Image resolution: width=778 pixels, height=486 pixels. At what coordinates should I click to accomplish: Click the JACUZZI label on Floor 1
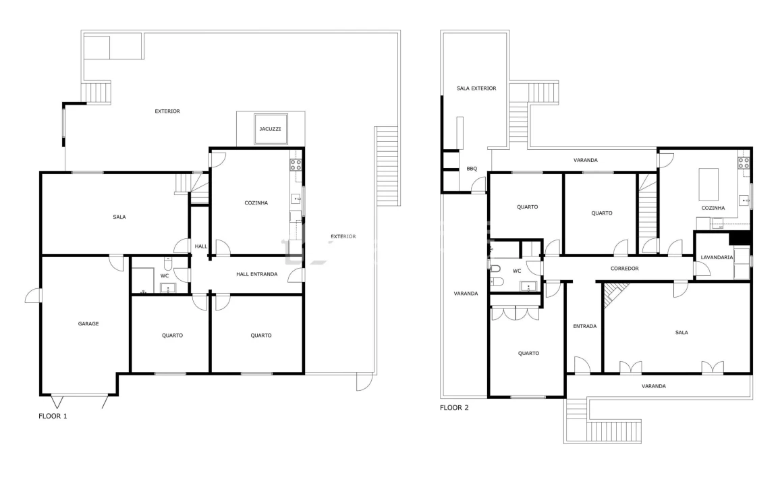click(x=270, y=129)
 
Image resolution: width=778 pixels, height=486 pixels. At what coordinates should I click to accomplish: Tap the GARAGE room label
click(x=88, y=324)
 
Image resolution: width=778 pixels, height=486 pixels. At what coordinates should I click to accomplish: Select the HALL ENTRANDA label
click(x=256, y=274)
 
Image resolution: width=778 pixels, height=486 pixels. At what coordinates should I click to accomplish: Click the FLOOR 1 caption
click(x=53, y=416)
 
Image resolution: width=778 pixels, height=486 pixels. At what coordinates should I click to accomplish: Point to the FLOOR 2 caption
click(x=454, y=408)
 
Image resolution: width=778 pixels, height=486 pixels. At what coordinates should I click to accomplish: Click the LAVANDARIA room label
click(x=717, y=257)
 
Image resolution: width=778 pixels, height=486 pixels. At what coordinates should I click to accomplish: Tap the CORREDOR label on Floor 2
click(x=624, y=269)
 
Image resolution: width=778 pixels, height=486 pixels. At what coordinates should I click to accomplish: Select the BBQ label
click(x=472, y=169)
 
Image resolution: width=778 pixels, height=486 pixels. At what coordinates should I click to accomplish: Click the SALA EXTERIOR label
click(x=476, y=88)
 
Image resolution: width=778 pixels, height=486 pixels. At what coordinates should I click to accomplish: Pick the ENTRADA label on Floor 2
click(x=584, y=326)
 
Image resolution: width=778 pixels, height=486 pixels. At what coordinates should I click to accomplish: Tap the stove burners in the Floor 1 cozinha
click(x=296, y=165)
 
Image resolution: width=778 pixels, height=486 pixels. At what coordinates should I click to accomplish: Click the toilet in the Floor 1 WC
click(x=168, y=263)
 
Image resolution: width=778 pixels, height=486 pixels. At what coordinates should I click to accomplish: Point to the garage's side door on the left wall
click(x=34, y=296)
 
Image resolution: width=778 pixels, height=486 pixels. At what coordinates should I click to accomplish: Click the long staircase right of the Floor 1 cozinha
click(x=387, y=166)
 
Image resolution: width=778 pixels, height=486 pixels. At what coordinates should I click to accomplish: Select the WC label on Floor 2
click(x=516, y=271)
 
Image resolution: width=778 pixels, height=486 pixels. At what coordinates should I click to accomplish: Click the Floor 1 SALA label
click(x=119, y=217)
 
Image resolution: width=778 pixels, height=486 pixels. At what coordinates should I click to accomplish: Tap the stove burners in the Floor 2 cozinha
click(x=744, y=163)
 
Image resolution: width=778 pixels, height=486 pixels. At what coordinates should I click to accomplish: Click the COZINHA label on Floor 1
click(x=256, y=202)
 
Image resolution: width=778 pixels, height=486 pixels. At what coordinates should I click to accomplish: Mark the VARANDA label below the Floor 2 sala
click(x=653, y=386)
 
